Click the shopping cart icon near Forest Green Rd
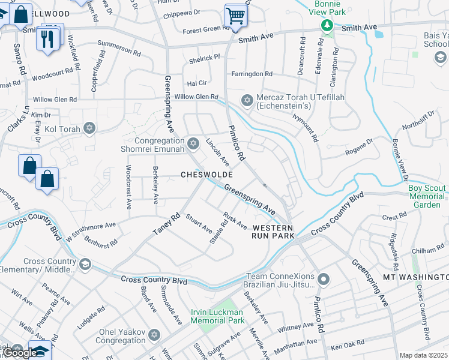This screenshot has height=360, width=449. [x=235, y=16]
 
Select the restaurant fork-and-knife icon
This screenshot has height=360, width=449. [x=46, y=38]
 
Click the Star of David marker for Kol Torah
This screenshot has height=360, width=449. [x=89, y=128]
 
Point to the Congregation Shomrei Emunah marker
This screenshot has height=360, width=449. [x=193, y=143]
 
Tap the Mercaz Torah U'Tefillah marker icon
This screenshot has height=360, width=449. [x=246, y=100]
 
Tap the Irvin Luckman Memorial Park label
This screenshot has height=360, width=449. [x=218, y=316]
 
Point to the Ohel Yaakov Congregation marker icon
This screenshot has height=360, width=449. [x=154, y=334]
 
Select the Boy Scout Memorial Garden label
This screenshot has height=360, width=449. [x=427, y=196]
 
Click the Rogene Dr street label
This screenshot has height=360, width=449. [x=358, y=148]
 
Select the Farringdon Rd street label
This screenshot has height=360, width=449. [x=252, y=74]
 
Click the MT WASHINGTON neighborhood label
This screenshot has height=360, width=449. [x=415, y=277]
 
